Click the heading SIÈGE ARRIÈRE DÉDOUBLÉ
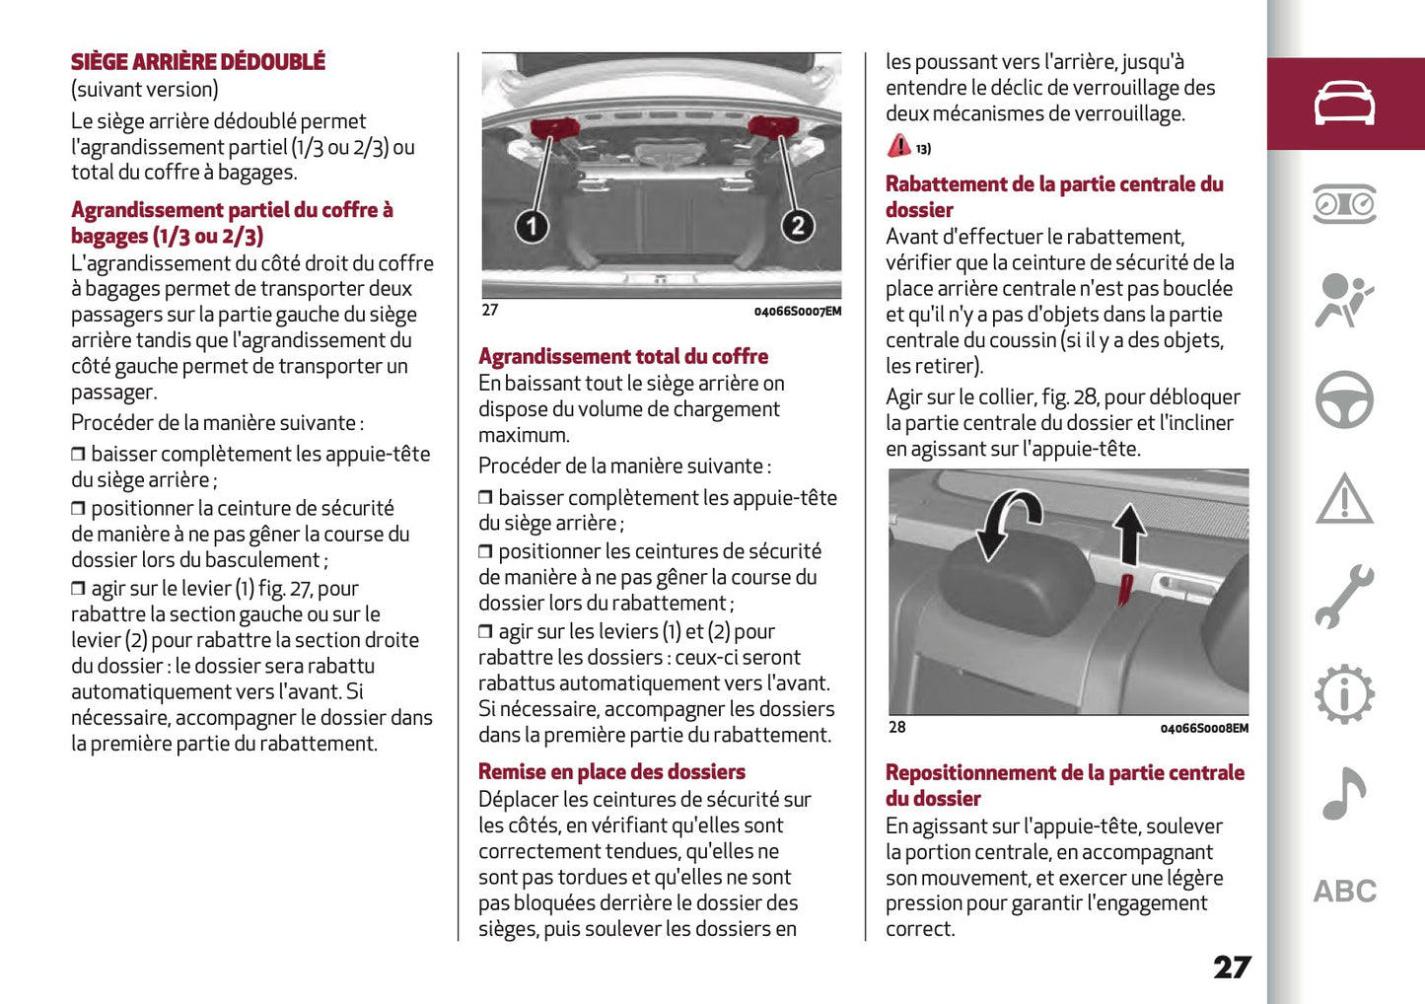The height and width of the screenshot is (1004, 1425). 197,61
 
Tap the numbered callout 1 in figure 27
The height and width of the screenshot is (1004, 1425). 532,227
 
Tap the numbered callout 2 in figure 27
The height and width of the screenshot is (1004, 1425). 797,226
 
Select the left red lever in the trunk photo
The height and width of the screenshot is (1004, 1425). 555,128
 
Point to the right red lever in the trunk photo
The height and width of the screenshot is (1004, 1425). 773,126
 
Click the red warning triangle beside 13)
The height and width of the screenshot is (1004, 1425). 898,146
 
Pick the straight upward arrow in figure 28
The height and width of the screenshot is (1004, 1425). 1130,534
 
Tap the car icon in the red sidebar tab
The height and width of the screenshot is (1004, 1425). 1344,104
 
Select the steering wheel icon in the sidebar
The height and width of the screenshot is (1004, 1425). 1344,399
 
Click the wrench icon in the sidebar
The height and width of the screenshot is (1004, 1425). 1344,597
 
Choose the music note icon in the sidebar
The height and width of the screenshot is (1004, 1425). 1344,793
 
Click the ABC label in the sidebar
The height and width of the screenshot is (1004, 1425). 1344,892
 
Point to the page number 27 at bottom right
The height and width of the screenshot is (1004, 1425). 1232,967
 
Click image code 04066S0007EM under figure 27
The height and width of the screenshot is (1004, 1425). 797,312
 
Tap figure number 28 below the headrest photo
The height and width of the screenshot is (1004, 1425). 896,727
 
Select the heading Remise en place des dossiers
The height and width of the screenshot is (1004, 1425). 611,771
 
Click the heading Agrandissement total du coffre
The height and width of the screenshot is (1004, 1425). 623,356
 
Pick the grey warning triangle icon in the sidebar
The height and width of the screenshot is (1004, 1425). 1344,499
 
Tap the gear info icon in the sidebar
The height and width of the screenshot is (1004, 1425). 1344,694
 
